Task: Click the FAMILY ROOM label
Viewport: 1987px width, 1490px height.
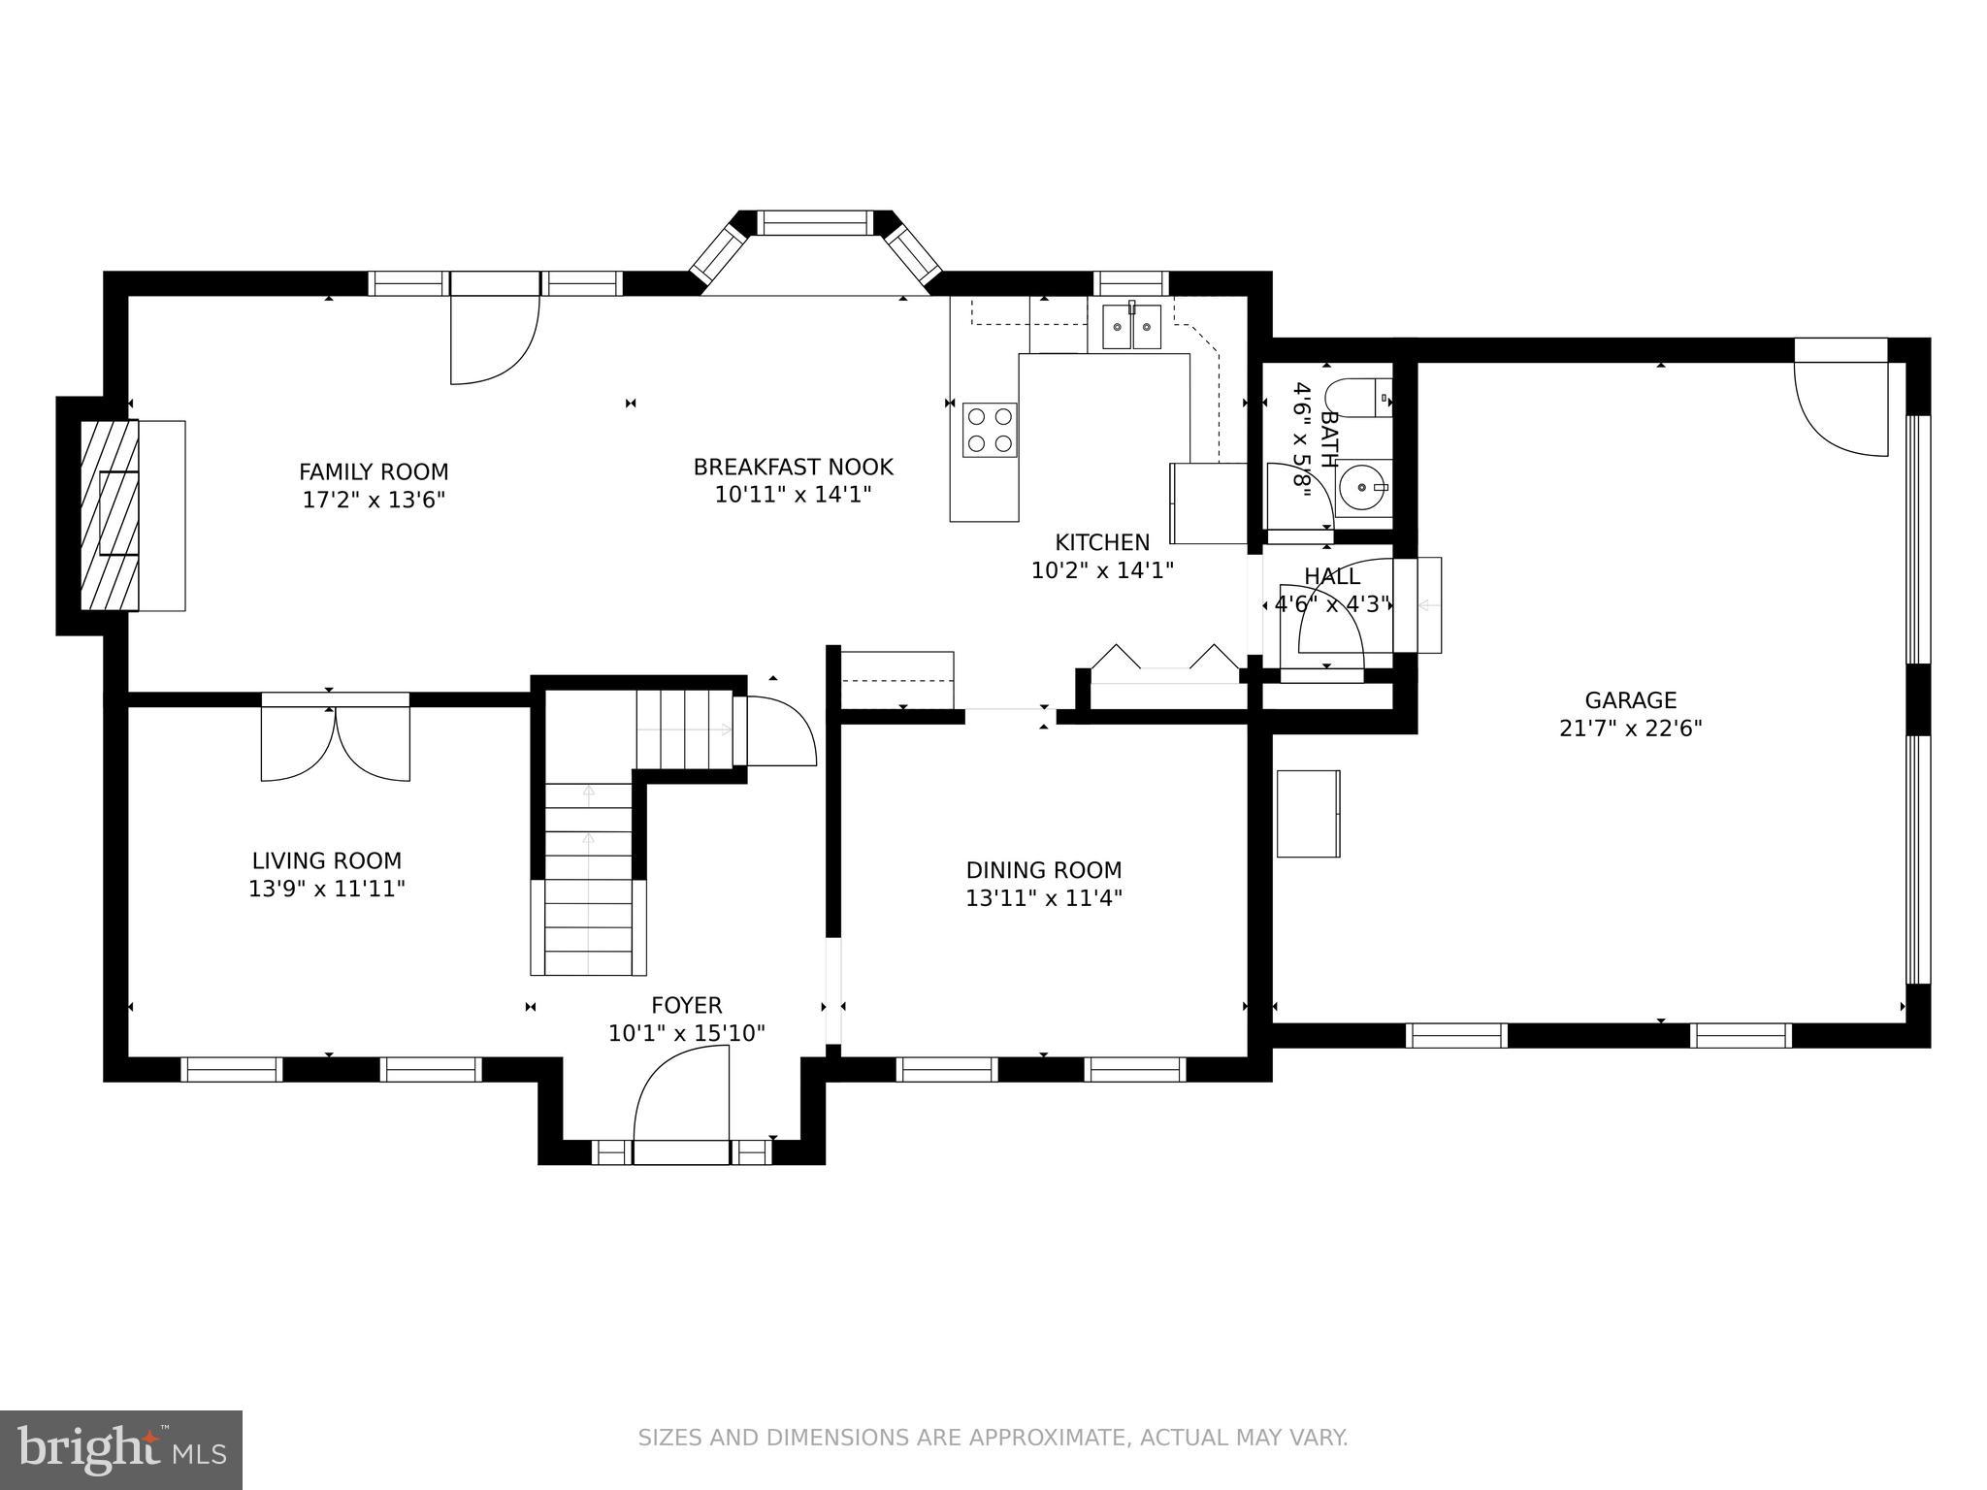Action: coord(374,472)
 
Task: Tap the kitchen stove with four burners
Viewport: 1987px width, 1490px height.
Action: coord(990,430)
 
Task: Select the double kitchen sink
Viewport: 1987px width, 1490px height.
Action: coord(1131,327)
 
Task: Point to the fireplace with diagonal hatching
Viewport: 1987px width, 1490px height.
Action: coord(110,515)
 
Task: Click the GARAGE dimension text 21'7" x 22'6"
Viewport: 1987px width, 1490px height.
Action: coord(1631,729)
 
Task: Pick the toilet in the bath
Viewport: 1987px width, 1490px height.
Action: coord(1358,398)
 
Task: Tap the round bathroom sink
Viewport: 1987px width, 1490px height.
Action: coord(1365,488)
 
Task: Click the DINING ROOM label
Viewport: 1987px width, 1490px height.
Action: coord(1044,870)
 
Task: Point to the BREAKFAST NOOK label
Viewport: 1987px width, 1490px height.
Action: coord(793,468)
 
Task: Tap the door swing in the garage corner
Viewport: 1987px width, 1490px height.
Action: coord(1840,407)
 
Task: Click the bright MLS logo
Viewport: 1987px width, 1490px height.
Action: coord(121,1450)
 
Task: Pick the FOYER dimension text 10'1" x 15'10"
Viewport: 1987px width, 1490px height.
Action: coord(687,1034)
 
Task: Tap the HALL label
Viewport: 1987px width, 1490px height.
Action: coord(1332,577)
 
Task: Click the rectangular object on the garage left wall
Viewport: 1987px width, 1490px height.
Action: coord(1308,814)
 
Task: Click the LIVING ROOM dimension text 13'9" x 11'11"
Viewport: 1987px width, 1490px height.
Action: coord(327,889)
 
